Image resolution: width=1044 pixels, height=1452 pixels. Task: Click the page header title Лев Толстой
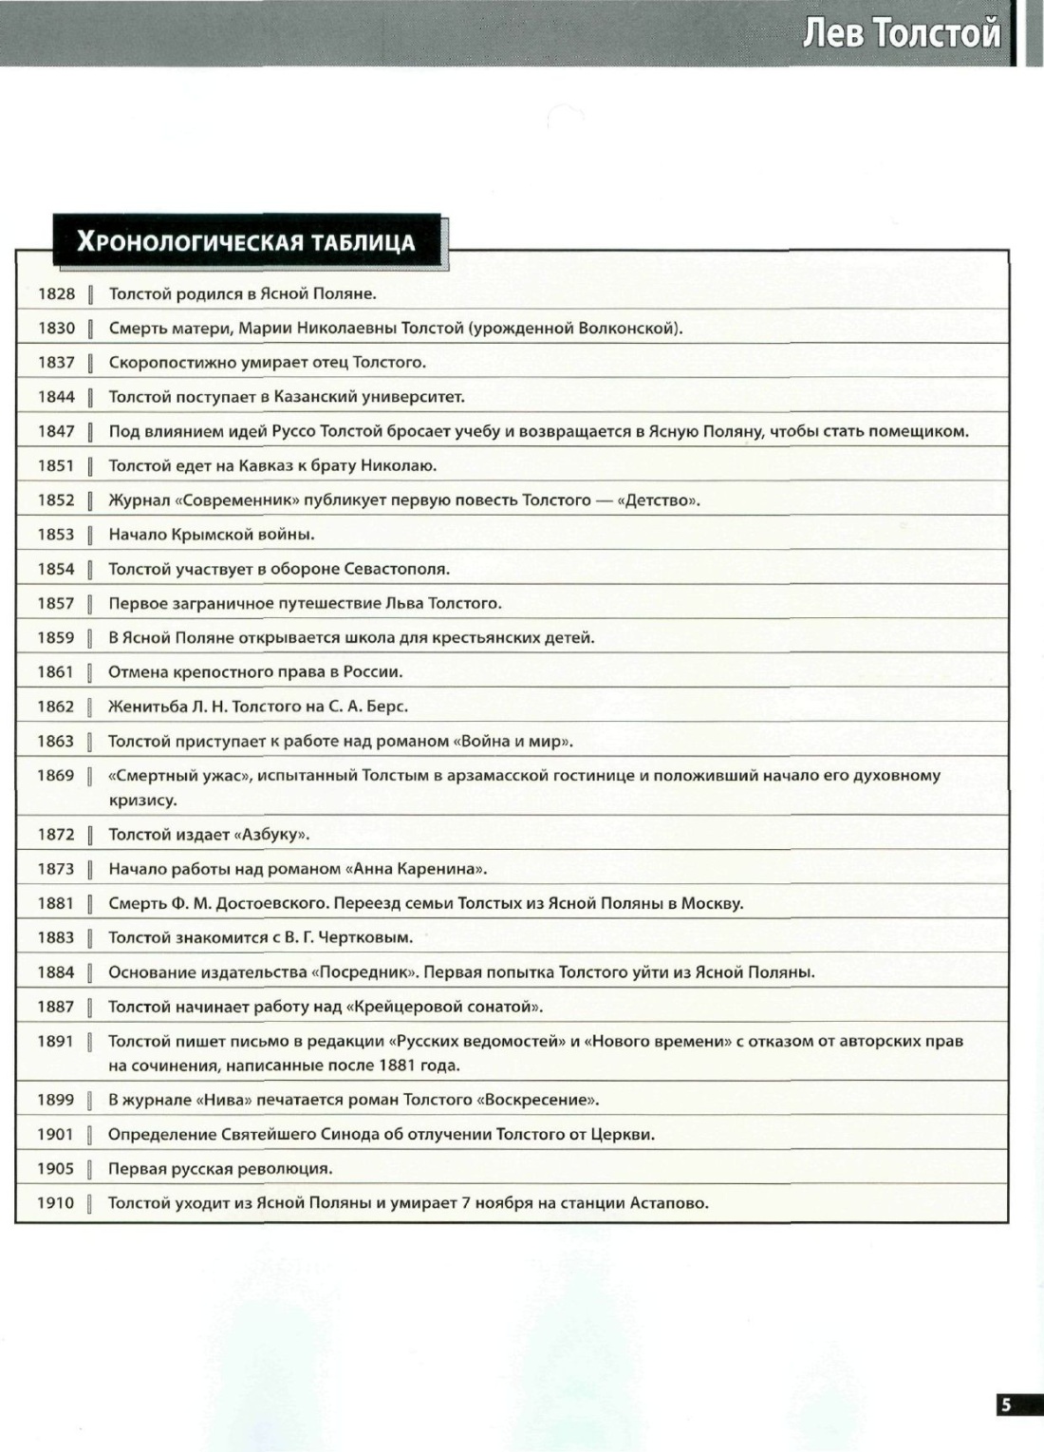click(x=902, y=33)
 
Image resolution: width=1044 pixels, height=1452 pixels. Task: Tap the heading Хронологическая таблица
click(x=246, y=241)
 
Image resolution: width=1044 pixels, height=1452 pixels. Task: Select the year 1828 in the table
click(x=56, y=293)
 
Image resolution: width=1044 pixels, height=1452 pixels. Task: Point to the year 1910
click(x=56, y=1203)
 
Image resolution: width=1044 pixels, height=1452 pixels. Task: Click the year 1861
click(x=56, y=672)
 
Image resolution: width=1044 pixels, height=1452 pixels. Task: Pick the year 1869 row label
click(x=56, y=776)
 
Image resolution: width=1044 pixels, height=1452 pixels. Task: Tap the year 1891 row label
click(x=56, y=1042)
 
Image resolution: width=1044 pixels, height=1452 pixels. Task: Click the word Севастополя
click(x=390, y=570)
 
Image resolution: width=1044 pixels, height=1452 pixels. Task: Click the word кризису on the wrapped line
click(x=142, y=801)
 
